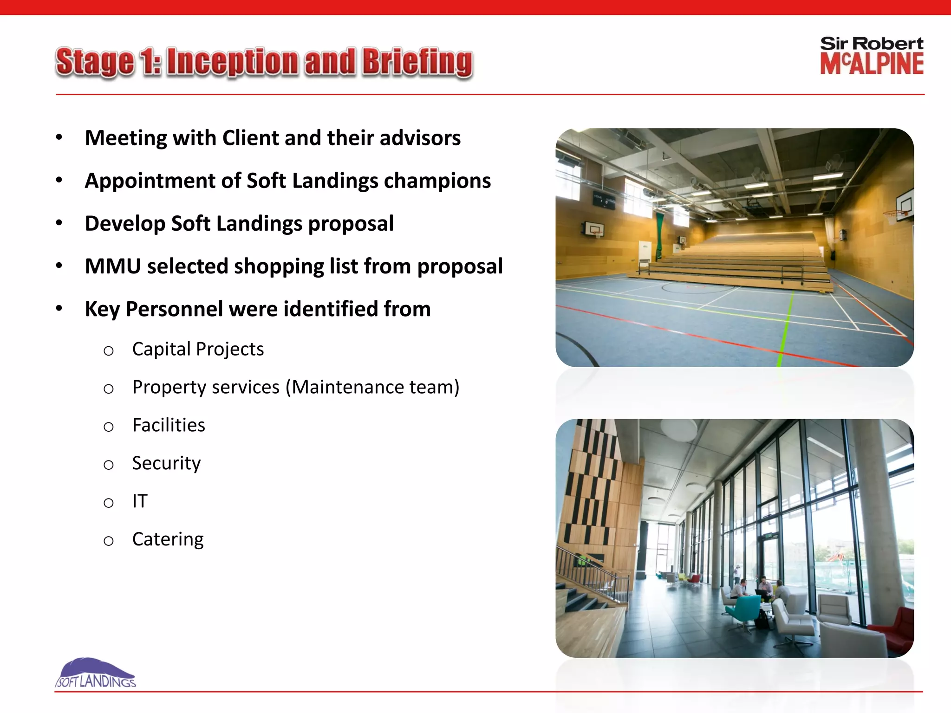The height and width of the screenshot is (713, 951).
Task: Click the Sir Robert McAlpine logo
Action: click(x=872, y=56)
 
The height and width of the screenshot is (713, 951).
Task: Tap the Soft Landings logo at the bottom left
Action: click(x=96, y=674)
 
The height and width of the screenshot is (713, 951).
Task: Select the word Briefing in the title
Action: click(x=417, y=62)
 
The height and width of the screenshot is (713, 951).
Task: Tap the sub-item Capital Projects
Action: click(x=198, y=349)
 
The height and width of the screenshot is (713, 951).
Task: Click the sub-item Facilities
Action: click(x=169, y=425)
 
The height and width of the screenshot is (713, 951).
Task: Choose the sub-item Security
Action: click(x=166, y=463)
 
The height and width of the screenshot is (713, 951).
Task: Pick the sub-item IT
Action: click(x=140, y=501)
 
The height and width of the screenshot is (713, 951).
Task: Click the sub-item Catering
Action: click(x=168, y=539)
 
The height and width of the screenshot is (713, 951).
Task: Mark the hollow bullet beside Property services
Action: click(x=109, y=389)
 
